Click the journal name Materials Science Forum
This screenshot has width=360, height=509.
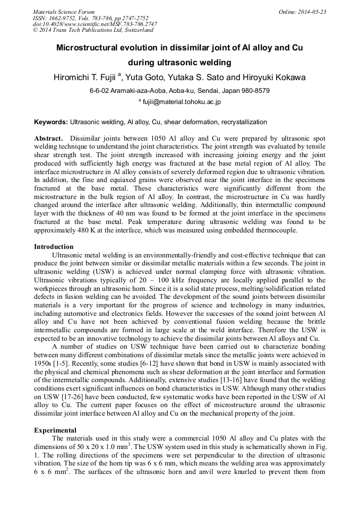pos(64,12)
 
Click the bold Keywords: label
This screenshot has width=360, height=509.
pos(51,122)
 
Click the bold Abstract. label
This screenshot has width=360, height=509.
pos(49,137)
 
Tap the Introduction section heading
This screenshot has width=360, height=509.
pos(54,247)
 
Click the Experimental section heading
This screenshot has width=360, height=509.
pos(55,430)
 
